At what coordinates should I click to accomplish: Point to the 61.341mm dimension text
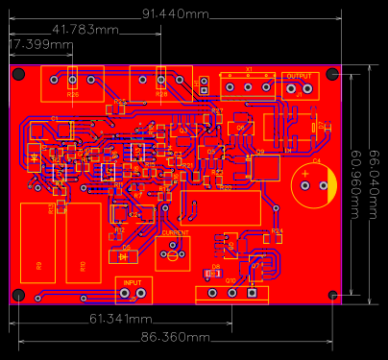[120, 318]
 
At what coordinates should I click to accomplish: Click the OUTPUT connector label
[299, 75]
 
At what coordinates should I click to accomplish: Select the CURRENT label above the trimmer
[175, 232]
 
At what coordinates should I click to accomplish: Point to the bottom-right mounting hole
[332, 294]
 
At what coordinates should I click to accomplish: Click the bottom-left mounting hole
[16, 295]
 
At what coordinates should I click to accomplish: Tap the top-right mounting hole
[332, 74]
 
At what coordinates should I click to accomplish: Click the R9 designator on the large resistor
[38, 265]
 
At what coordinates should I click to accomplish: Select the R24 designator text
[277, 231]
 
